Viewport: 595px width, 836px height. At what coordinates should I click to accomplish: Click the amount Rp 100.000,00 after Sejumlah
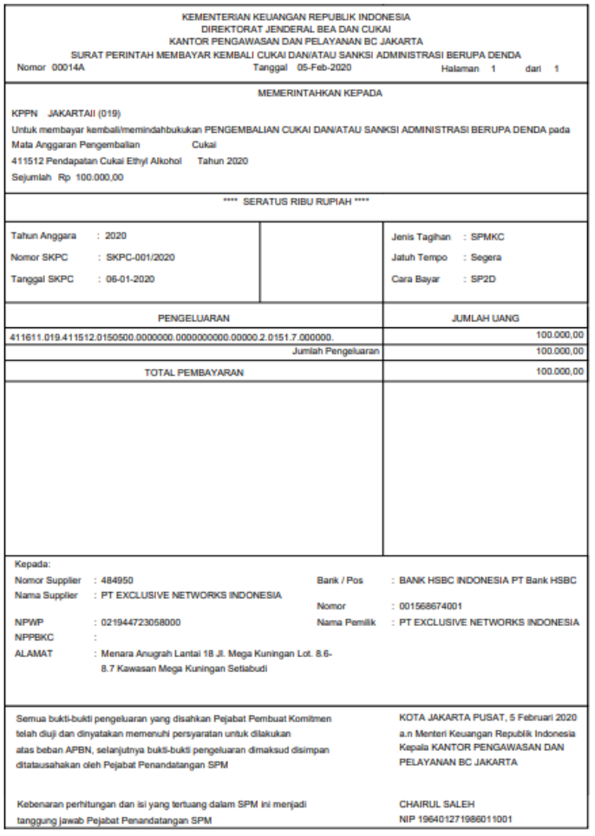pyautogui.click(x=92, y=177)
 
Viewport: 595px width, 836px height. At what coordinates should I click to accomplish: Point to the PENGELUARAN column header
pyautogui.click(x=193, y=319)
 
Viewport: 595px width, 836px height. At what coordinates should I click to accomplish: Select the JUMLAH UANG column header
pyautogui.click(x=485, y=319)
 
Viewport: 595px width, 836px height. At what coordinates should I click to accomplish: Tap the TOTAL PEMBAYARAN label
pyautogui.click(x=194, y=372)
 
